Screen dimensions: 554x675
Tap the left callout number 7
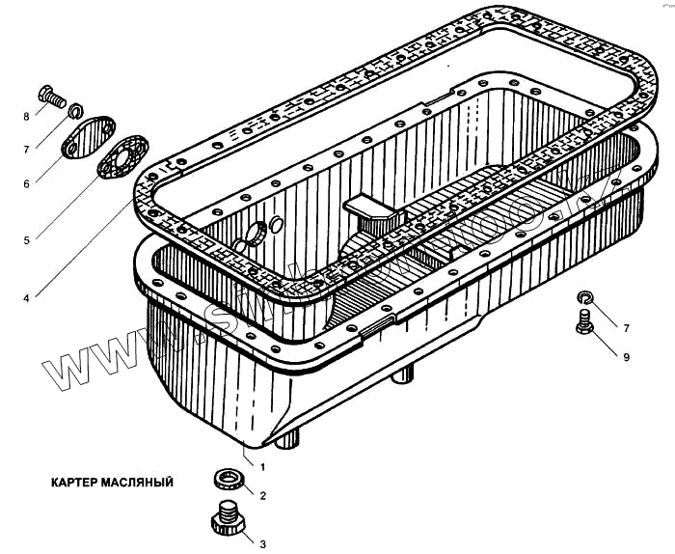pos(27,148)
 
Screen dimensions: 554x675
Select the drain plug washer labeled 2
pos(228,480)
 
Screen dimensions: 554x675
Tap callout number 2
pos(262,495)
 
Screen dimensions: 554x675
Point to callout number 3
pos(262,543)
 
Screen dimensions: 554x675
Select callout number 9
pos(626,357)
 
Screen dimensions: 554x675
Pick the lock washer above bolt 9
pos(585,296)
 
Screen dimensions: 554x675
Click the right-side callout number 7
pos(626,328)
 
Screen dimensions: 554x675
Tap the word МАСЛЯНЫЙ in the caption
pos(139,480)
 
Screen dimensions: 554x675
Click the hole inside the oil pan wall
pos(257,233)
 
